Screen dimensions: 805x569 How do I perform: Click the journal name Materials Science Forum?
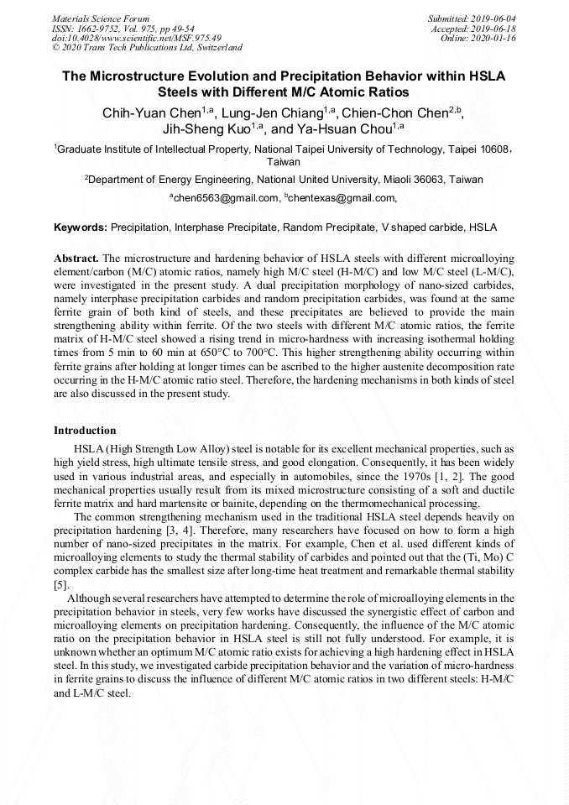pyautogui.click(x=101, y=18)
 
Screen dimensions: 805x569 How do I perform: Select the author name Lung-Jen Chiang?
pyautogui.click(x=267, y=113)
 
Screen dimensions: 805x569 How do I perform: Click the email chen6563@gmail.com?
pyautogui.click(x=224, y=198)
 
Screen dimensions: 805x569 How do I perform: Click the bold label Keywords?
pyautogui.click(x=81, y=227)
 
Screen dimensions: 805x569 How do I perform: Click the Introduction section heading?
pyautogui.click(x=85, y=431)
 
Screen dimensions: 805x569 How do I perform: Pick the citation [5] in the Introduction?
pyautogui.click(x=60, y=584)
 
